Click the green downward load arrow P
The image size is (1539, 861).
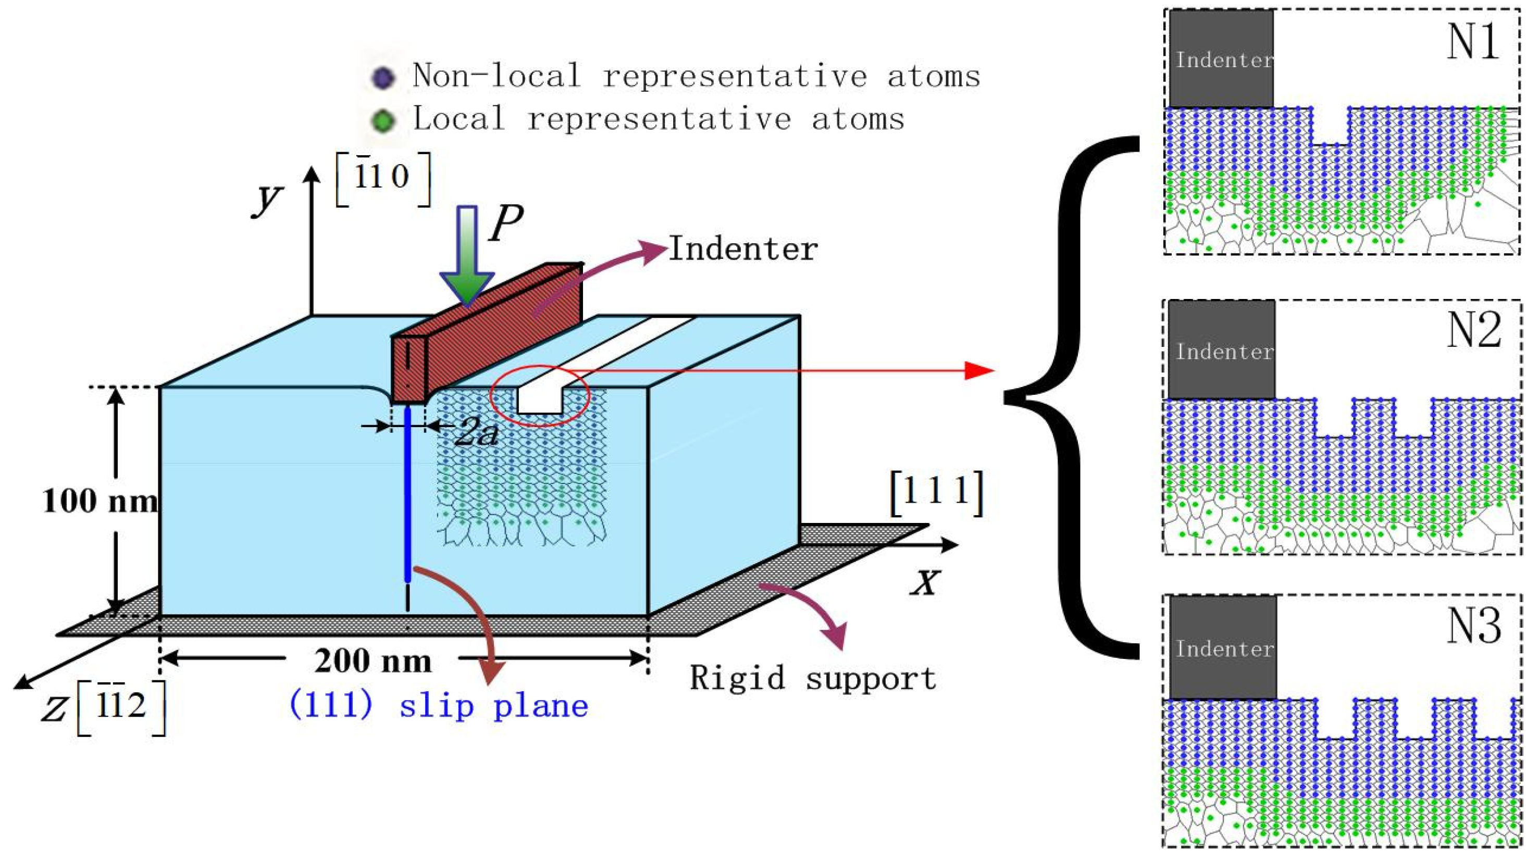point(467,257)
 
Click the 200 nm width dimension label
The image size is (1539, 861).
point(373,661)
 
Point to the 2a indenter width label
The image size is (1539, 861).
point(476,432)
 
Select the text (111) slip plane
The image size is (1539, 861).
point(439,706)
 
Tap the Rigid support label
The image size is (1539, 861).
point(813,678)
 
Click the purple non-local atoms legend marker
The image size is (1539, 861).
point(383,78)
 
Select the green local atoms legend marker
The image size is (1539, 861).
point(383,121)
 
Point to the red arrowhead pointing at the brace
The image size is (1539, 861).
point(980,370)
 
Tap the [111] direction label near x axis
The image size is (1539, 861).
point(936,492)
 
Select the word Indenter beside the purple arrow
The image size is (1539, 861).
point(742,248)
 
